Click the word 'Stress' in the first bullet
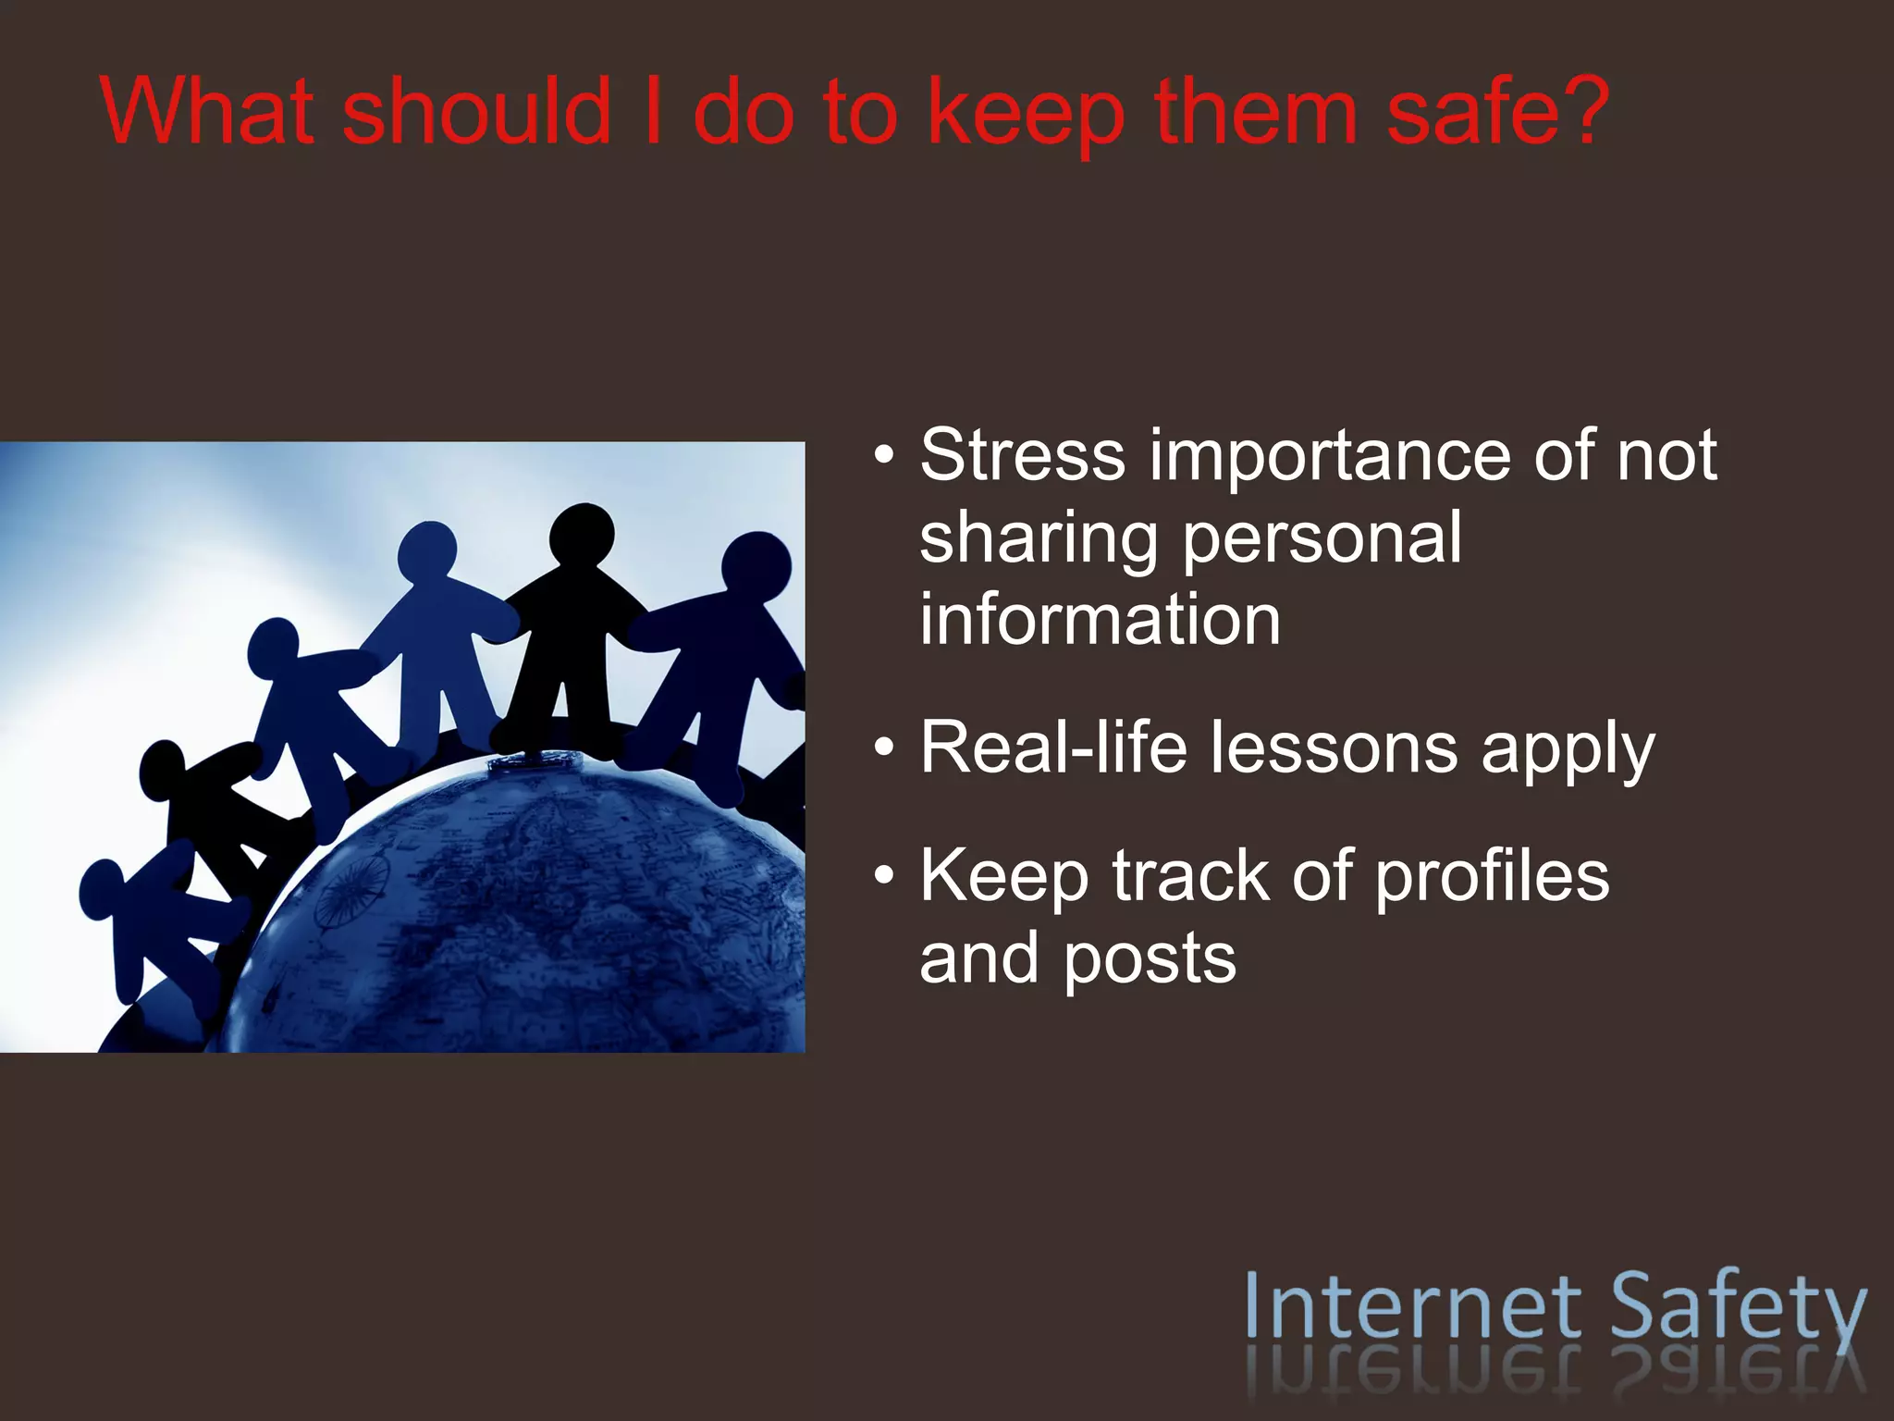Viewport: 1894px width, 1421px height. [x=1022, y=455]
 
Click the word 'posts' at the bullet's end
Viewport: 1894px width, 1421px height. [x=1149, y=959]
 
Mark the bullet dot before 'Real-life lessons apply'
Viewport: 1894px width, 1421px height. [x=884, y=748]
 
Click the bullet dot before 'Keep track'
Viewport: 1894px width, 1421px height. [x=884, y=876]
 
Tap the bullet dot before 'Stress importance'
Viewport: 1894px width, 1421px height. [x=884, y=456]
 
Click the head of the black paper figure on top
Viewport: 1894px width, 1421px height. [x=583, y=534]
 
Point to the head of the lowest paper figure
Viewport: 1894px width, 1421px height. [x=102, y=887]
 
